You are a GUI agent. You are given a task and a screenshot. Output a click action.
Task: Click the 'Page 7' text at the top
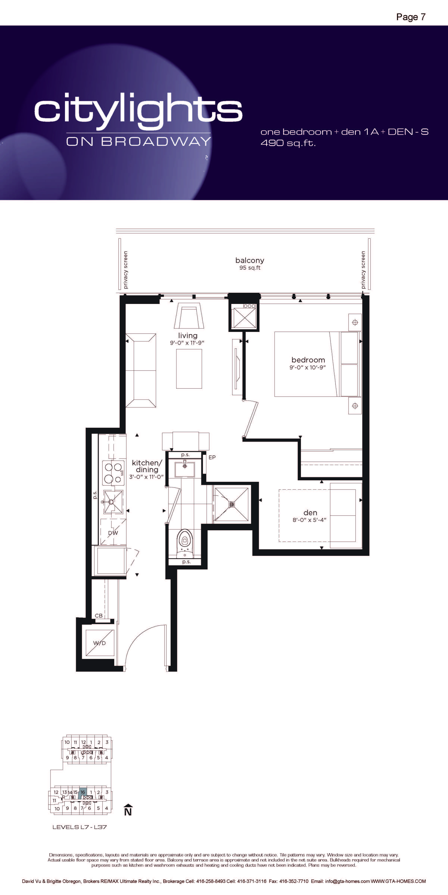point(411,17)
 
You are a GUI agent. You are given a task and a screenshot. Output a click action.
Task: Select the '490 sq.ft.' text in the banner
point(288,143)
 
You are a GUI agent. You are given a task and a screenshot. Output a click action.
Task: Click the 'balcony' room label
point(250,260)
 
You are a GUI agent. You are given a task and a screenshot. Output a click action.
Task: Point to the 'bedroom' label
point(308,360)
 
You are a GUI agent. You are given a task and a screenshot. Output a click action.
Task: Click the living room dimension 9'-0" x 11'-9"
point(187,343)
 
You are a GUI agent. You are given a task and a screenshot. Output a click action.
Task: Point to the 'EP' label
point(212,457)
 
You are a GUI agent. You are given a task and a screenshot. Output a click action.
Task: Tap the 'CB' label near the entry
point(99,616)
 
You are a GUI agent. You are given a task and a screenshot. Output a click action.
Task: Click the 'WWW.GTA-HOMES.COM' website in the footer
point(398,881)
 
